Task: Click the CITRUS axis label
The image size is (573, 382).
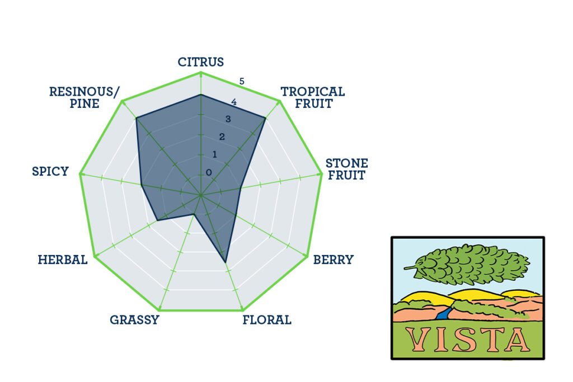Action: [x=201, y=62]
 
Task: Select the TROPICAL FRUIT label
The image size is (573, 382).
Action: [x=313, y=97]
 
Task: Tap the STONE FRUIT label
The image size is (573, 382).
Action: [x=347, y=169]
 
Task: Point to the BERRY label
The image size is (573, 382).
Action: [x=334, y=260]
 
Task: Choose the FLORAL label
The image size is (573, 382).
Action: [x=267, y=320]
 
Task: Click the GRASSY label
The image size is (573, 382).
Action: [x=134, y=320]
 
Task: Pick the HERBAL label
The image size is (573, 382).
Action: [x=63, y=260]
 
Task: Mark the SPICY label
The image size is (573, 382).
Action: [x=50, y=171]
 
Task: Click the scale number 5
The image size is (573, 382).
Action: [x=242, y=82]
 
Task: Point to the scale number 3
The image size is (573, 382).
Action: [x=228, y=119]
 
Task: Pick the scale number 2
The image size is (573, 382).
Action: [x=222, y=137]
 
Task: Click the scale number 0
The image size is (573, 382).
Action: [x=209, y=172]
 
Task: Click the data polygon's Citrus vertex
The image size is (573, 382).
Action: [x=201, y=95]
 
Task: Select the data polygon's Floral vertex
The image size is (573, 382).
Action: [x=225, y=262]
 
